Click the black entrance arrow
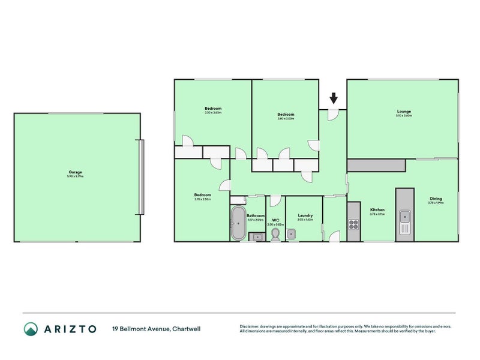pyautogui.click(x=334, y=97)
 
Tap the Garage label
pyautogui.click(x=75, y=172)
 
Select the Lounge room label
pyautogui.click(x=404, y=111)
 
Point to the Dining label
pyautogui.click(x=435, y=199)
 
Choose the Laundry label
pyautogui.click(x=305, y=215)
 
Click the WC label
pyautogui.click(x=276, y=220)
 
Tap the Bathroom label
pyautogui.click(x=256, y=215)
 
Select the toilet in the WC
pyautogui.click(x=276, y=233)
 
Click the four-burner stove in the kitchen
pyautogui.click(x=353, y=226)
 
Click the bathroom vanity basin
pyautogui.click(x=257, y=236)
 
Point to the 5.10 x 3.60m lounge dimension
pyautogui.click(x=404, y=115)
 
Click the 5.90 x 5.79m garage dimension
pyautogui.click(x=75, y=176)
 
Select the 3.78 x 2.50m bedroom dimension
pyautogui.click(x=202, y=199)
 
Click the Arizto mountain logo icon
pyautogui.click(x=30, y=329)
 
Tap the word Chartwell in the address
pyautogui.click(x=188, y=329)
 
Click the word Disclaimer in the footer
pyautogui.click(x=250, y=326)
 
